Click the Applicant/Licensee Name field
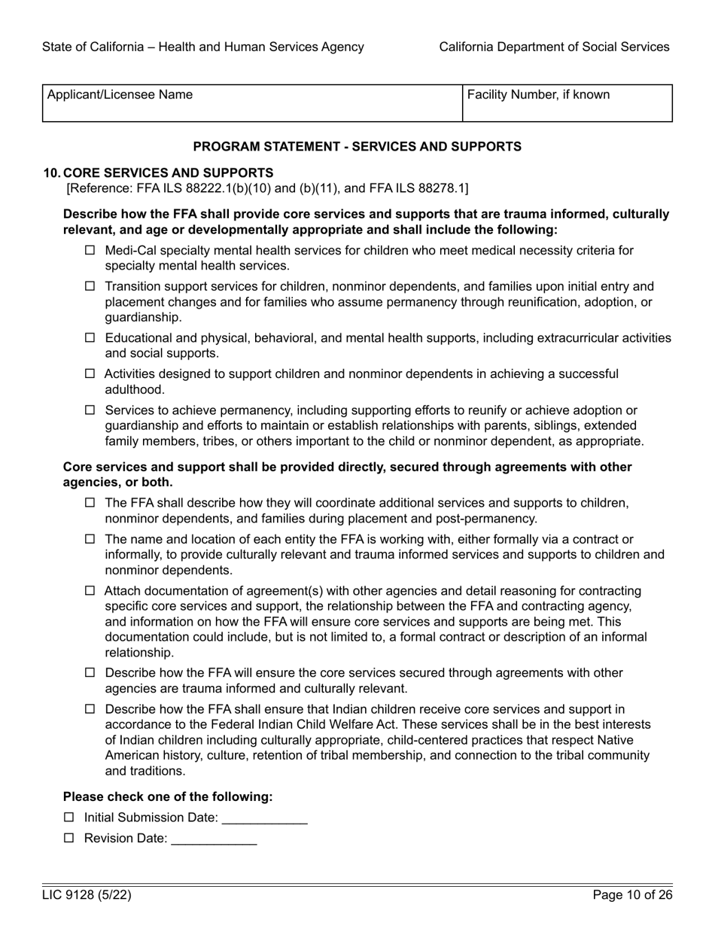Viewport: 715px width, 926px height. click(x=251, y=108)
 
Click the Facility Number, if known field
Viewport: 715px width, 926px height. click(x=567, y=108)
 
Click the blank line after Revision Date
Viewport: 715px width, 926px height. click(x=214, y=840)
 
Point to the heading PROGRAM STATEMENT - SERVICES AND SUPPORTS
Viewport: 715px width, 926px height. click(x=357, y=146)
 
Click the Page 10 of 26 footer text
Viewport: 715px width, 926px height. click(x=632, y=895)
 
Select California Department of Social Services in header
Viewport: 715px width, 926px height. click(x=554, y=47)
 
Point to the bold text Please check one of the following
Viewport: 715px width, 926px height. click(x=168, y=797)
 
